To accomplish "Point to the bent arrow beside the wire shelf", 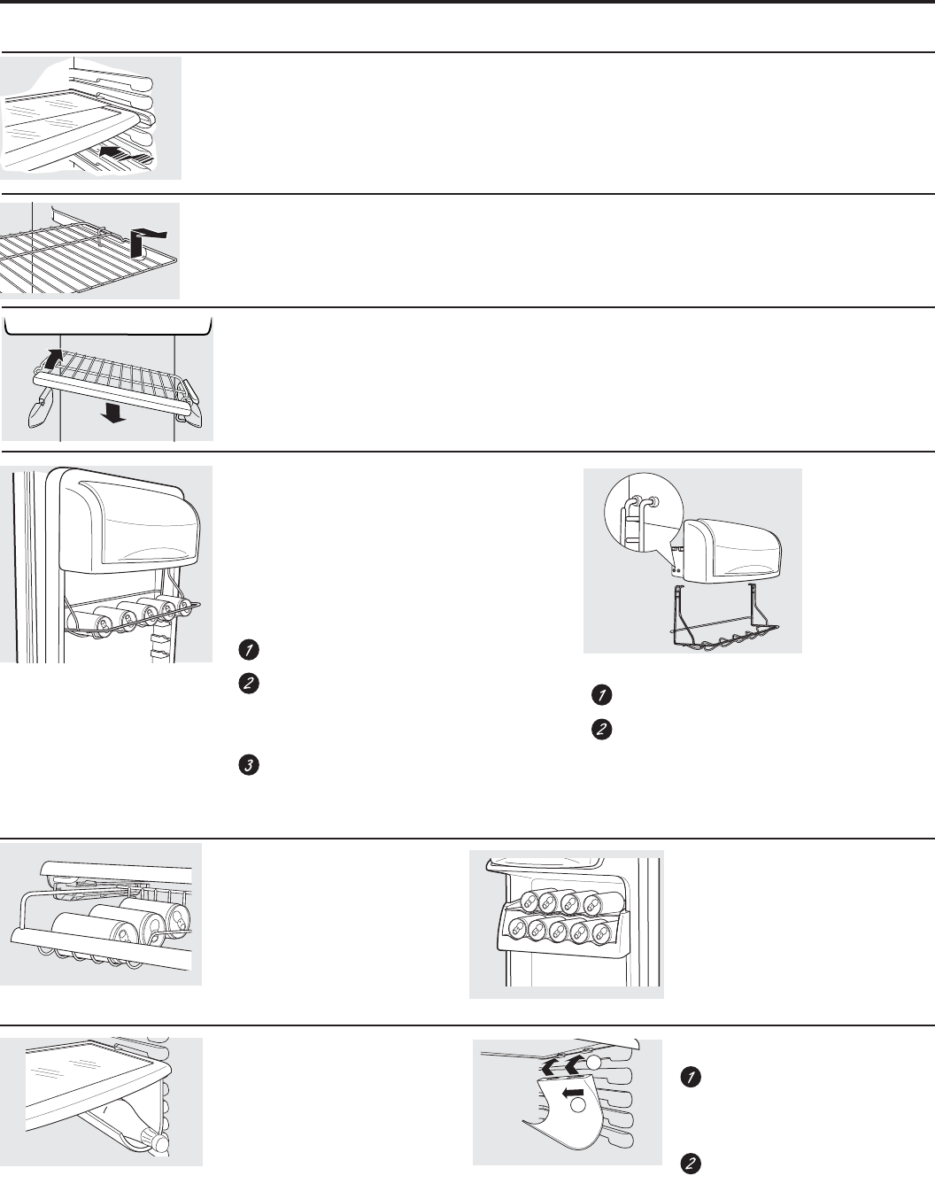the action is click(142, 238).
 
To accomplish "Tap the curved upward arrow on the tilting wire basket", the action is click(55, 360).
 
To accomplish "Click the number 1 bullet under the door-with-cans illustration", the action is click(248, 650).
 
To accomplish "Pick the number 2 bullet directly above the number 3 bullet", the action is click(248, 684).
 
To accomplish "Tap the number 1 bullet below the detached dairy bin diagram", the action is click(599, 695).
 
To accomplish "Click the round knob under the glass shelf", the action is click(161, 1143).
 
